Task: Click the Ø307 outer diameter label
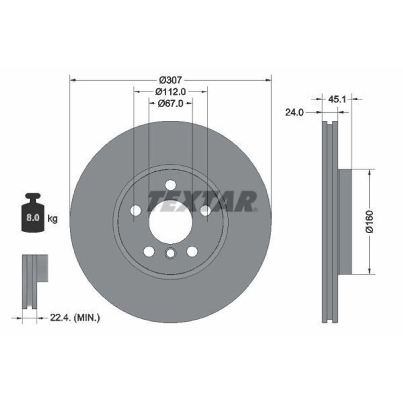click(x=170, y=80)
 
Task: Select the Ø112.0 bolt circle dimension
click(x=170, y=91)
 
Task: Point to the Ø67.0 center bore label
click(x=170, y=103)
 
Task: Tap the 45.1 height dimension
click(x=337, y=99)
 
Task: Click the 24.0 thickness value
click(x=294, y=112)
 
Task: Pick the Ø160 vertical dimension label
click(x=369, y=222)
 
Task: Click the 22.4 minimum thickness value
click(x=60, y=318)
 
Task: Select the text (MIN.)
click(x=87, y=318)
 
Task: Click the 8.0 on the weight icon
click(x=33, y=218)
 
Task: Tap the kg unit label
click(x=52, y=219)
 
